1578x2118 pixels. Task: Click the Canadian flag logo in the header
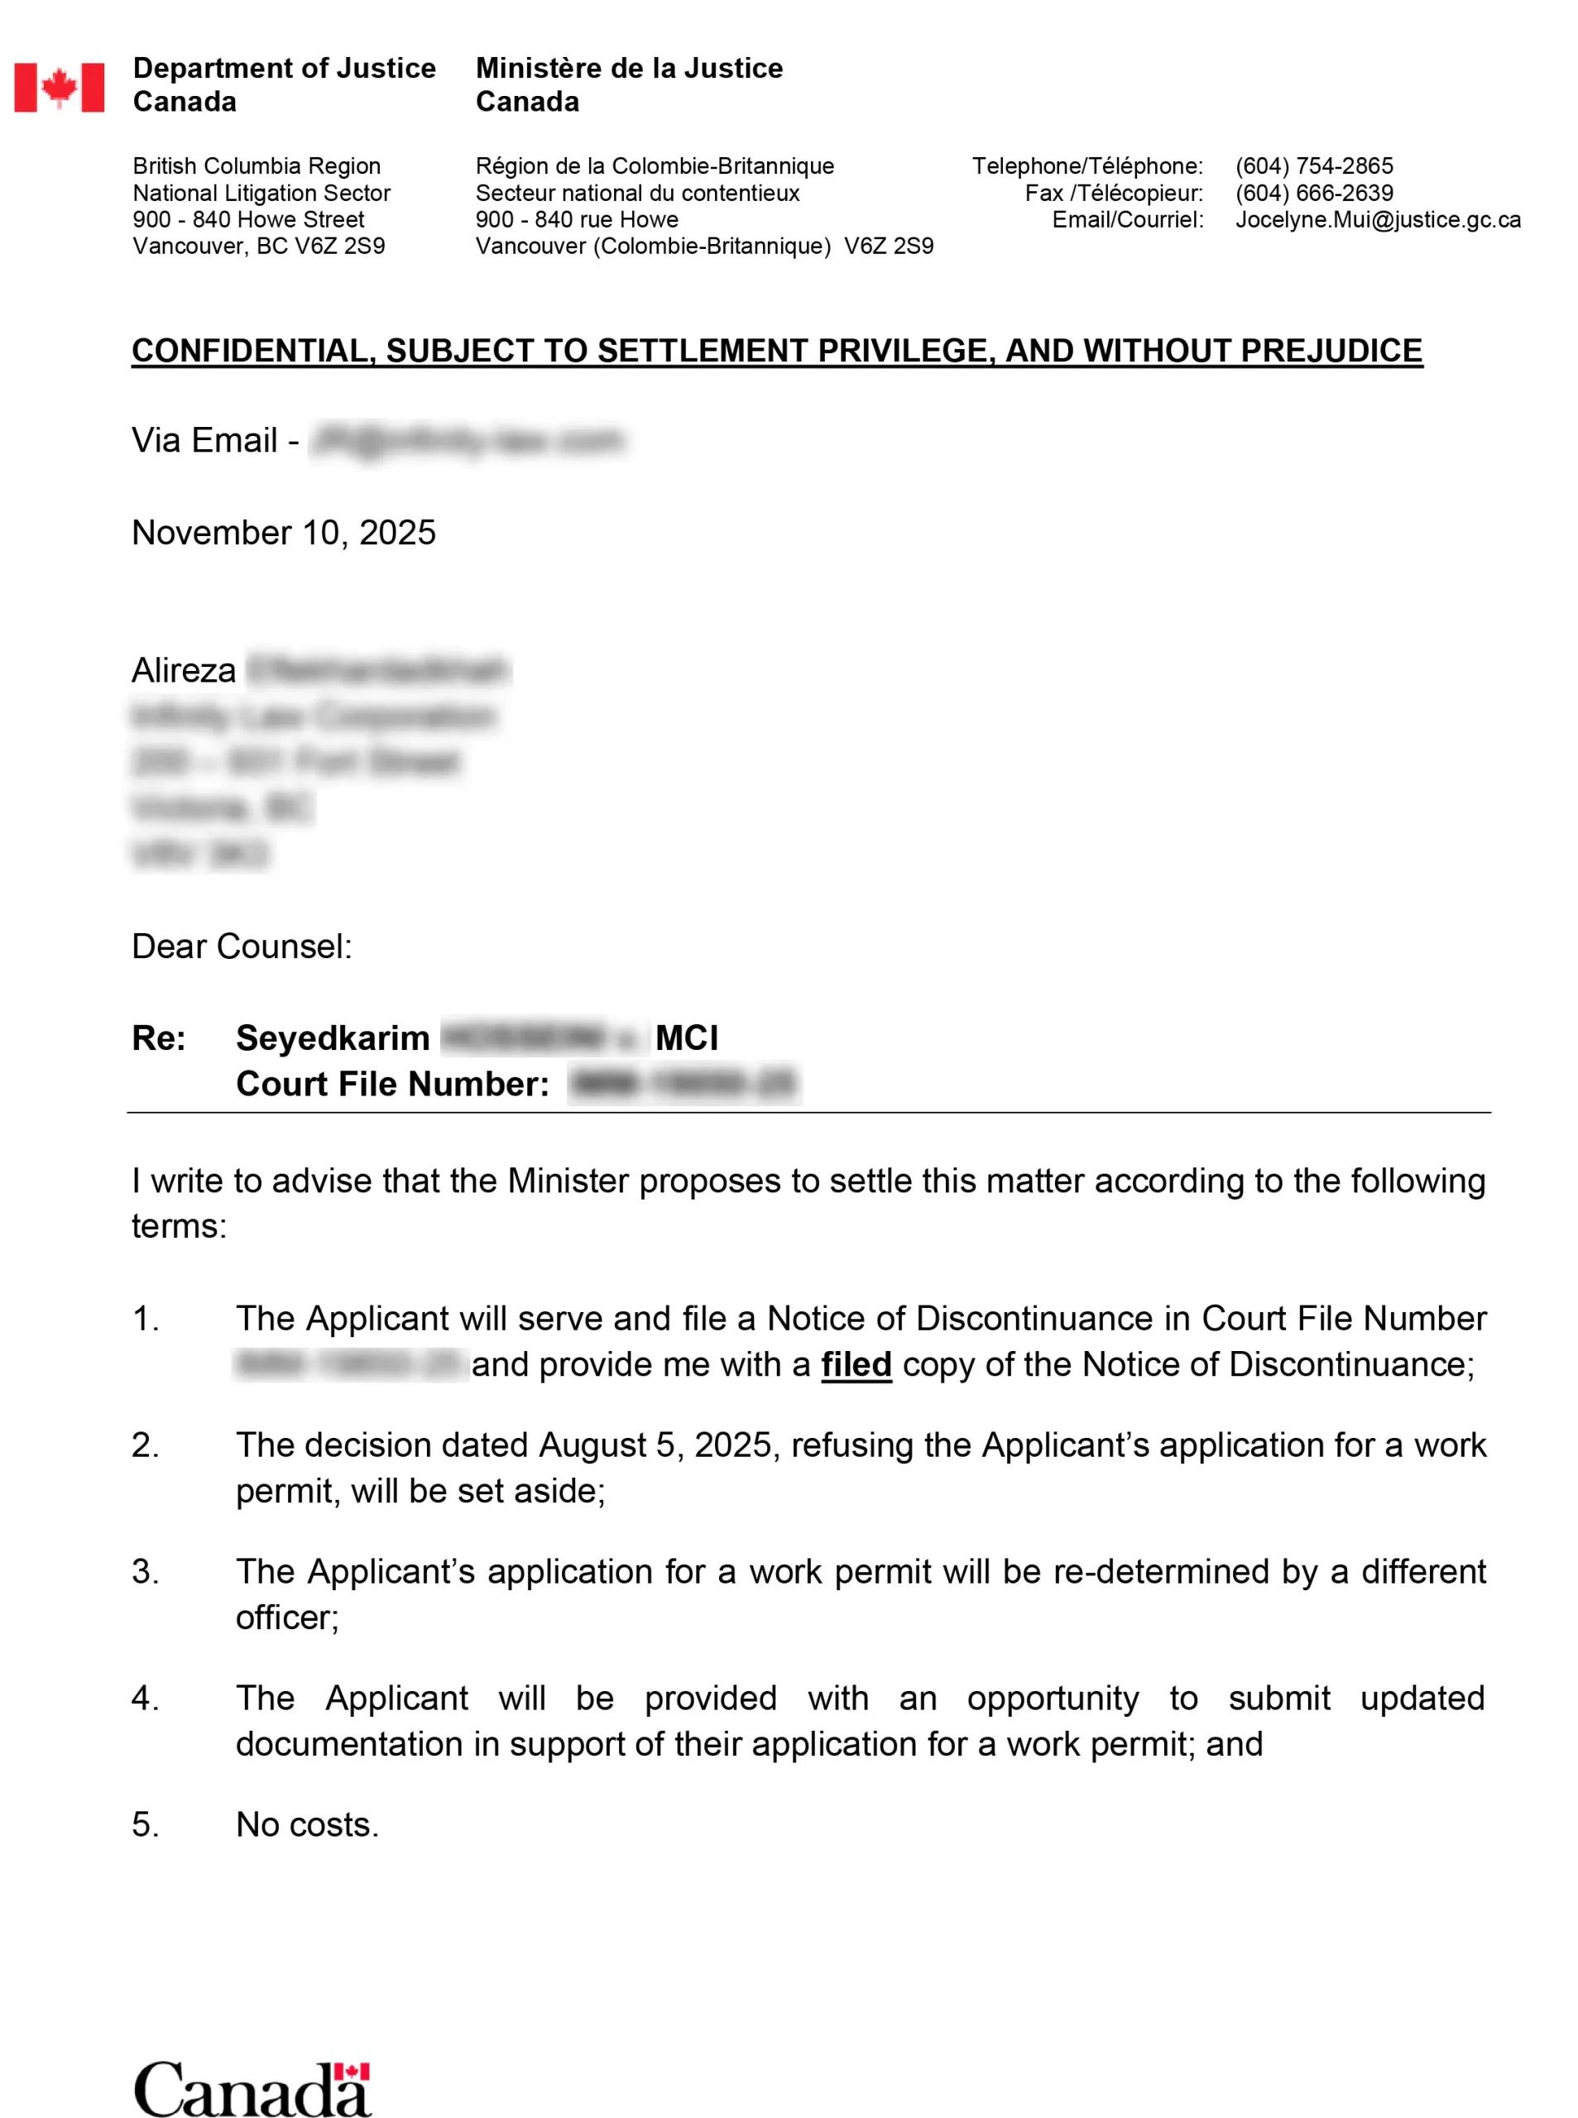(60, 88)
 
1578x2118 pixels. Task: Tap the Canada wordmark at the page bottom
(252, 2089)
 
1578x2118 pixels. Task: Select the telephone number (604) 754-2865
(1313, 166)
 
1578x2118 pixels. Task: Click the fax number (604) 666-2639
(1313, 193)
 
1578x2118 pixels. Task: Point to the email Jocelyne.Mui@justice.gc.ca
(1378, 219)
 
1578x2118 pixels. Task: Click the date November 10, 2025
(284, 533)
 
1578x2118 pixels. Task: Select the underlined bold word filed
(856, 1364)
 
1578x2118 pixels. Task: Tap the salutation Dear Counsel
(242, 946)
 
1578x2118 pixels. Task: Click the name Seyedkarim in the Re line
(333, 1038)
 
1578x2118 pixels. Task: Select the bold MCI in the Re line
(687, 1038)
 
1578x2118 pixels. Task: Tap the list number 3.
(145, 1572)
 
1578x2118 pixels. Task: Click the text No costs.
(307, 1825)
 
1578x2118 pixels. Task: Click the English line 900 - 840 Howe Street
(248, 219)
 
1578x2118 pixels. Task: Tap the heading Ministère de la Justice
(629, 69)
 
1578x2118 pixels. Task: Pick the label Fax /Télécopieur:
(1114, 193)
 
